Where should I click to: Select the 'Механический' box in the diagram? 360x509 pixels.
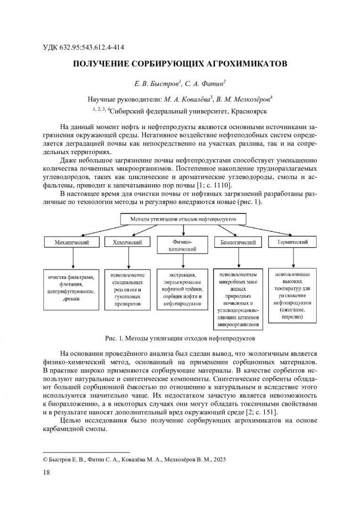pyautogui.click(x=73, y=242)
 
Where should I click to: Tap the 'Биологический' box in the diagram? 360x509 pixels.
pyautogui.click(x=238, y=242)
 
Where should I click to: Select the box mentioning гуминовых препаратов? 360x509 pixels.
pyautogui.click(x=127, y=290)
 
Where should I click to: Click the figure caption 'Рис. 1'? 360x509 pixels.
pyautogui.click(x=180, y=338)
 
